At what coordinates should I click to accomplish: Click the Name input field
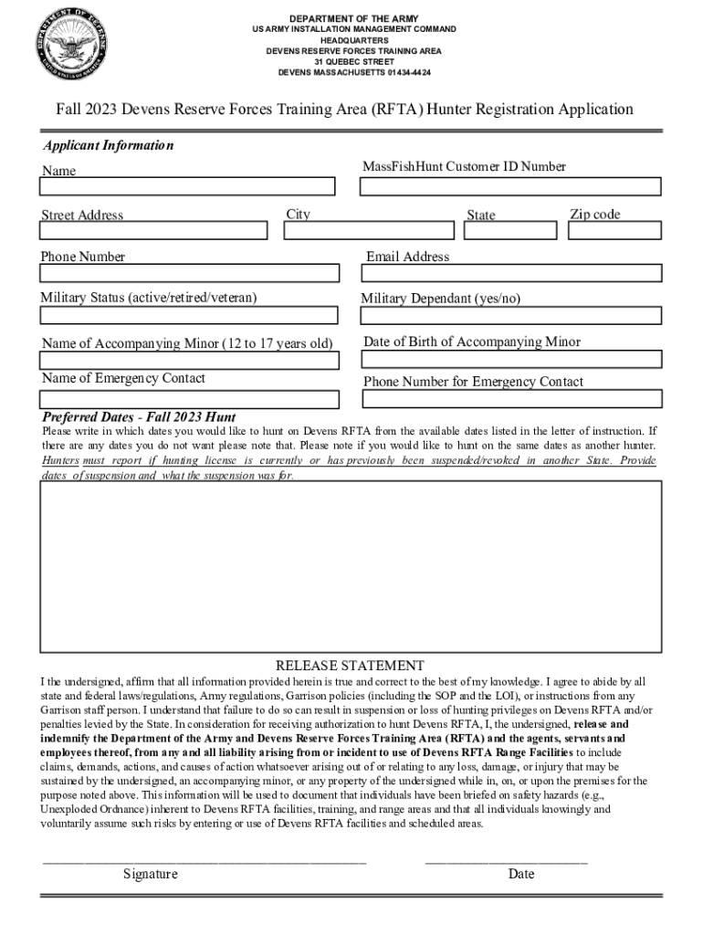click(x=188, y=186)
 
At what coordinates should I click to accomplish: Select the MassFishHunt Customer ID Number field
click(x=509, y=186)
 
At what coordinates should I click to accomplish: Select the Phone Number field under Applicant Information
click(x=188, y=273)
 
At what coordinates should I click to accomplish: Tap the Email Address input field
click(x=509, y=273)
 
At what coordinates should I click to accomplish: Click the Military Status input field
click(x=188, y=315)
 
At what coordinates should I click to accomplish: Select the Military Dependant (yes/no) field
click(x=509, y=315)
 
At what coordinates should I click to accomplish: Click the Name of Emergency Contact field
click(x=188, y=399)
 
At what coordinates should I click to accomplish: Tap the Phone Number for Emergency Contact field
click(x=509, y=399)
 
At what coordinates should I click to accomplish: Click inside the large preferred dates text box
click(x=351, y=566)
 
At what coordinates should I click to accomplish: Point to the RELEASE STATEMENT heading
click(x=350, y=666)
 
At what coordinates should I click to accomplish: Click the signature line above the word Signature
click(x=205, y=861)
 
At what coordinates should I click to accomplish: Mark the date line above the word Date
click(x=506, y=861)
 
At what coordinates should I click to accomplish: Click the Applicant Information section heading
click(x=108, y=146)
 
